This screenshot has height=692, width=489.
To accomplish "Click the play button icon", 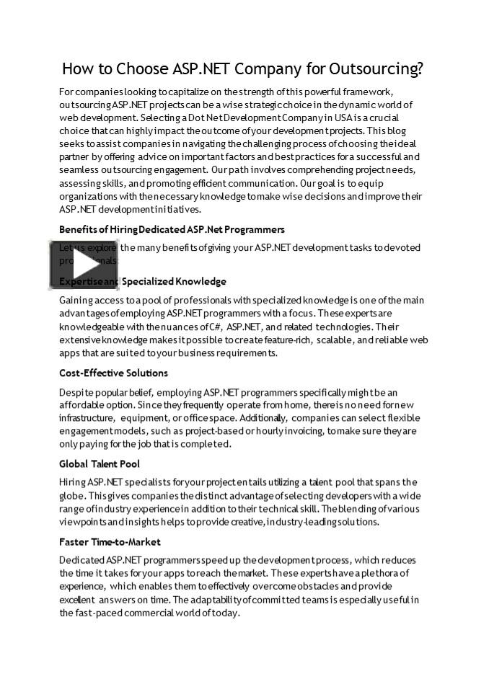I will coord(74,265).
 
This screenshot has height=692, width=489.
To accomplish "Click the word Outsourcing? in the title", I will coord(376,69).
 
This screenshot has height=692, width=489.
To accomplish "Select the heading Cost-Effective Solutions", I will coord(113,373).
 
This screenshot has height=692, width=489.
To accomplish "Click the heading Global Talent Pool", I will coord(100,463).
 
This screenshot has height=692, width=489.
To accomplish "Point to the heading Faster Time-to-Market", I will coord(110,541).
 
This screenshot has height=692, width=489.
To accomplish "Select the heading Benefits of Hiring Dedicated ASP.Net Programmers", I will coord(172,229).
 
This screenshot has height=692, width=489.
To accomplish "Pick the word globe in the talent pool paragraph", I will coord(73,496).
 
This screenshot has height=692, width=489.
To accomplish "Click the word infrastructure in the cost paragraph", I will coord(86,418).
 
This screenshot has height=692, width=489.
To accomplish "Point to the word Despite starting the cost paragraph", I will coord(76,392).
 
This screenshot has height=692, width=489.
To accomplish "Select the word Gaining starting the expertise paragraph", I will coord(76,300).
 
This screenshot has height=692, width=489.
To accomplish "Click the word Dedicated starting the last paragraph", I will coord(81,560).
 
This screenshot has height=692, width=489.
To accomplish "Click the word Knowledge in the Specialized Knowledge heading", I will coord(199,281).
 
